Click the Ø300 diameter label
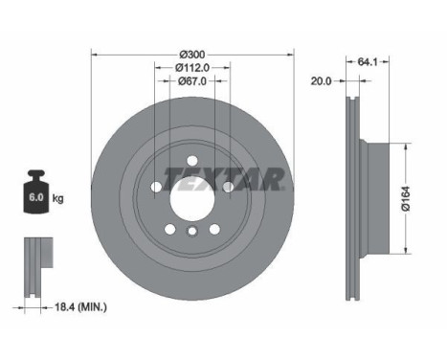point(192,53)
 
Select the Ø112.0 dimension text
point(192,67)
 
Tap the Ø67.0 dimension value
point(192,81)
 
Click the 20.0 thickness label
point(322,81)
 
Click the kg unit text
point(58,199)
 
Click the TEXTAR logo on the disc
point(222,179)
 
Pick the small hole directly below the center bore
point(191,233)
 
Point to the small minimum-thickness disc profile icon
point(35,258)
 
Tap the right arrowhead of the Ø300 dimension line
point(289,53)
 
